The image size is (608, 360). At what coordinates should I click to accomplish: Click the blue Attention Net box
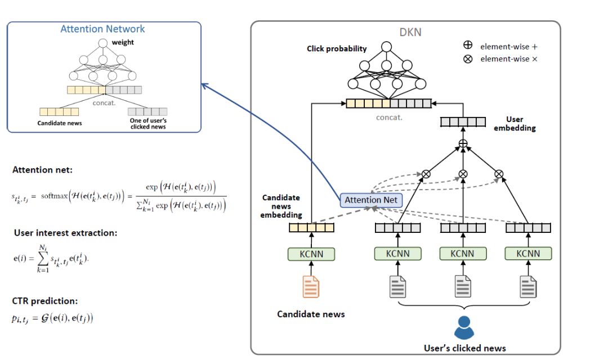pos(372,200)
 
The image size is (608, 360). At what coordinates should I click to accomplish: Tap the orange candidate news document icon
pos(311,286)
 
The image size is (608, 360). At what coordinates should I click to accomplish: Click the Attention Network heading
pos(102,29)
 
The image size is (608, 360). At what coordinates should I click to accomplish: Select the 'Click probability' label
pos(337,48)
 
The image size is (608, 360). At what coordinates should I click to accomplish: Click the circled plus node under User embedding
pos(463,144)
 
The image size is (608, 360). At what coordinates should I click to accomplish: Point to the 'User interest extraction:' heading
pos(65,233)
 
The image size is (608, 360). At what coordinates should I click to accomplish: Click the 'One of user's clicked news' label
pos(148,124)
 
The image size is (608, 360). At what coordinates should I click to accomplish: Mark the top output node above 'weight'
pos(102,43)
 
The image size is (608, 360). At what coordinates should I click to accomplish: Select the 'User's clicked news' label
pos(464,348)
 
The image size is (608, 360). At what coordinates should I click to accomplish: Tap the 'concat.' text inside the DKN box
pos(388,118)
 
